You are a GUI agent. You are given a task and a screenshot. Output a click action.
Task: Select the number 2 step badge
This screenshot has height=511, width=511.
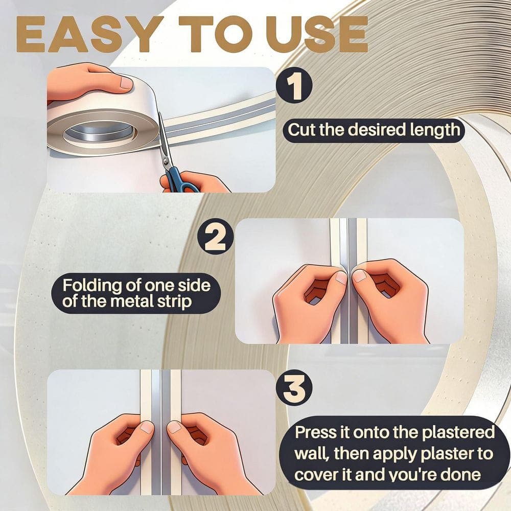[216, 237]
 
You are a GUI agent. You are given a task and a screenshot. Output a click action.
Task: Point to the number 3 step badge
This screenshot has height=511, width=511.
[294, 388]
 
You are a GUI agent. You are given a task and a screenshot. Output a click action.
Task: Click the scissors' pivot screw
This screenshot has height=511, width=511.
[166, 160]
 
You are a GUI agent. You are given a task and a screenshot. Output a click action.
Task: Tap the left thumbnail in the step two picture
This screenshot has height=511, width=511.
[341, 277]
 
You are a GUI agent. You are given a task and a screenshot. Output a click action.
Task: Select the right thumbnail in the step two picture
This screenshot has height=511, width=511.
[360, 276]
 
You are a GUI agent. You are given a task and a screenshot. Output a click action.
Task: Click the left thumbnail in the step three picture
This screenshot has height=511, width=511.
[147, 427]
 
